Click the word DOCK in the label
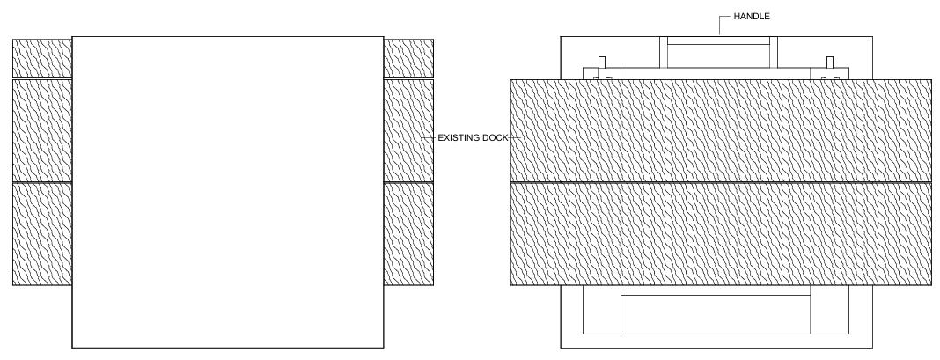click(495, 138)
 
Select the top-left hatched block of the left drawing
click(41, 58)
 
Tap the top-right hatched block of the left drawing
click(408, 58)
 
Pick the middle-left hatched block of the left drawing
click(41, 130)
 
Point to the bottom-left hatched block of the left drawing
click(41, 234)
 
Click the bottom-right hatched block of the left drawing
click(408, 234)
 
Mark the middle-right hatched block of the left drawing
click(408, 130)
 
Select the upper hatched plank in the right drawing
click(721, 130)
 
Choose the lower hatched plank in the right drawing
click(721, 234)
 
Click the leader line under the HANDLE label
click(720, 26)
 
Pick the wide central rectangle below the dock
click(716, 314)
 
